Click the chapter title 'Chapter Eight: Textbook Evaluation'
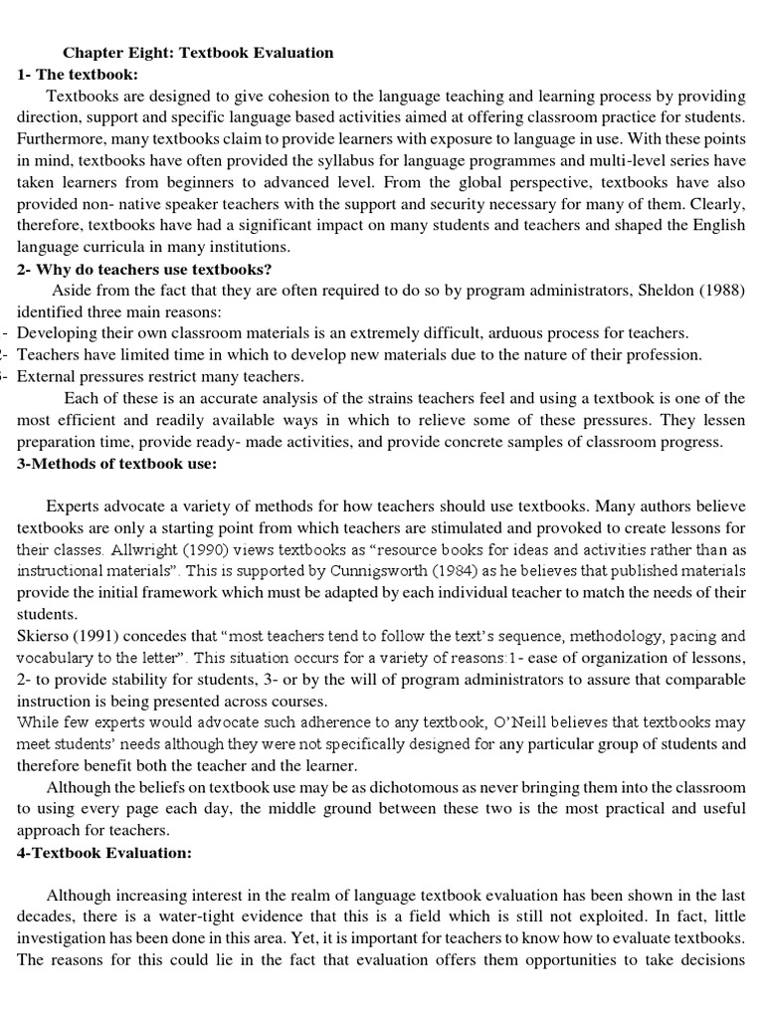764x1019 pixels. pos(198,52)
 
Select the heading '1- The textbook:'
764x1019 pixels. pos(78,74)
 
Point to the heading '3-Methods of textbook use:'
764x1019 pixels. pos(116,464)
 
